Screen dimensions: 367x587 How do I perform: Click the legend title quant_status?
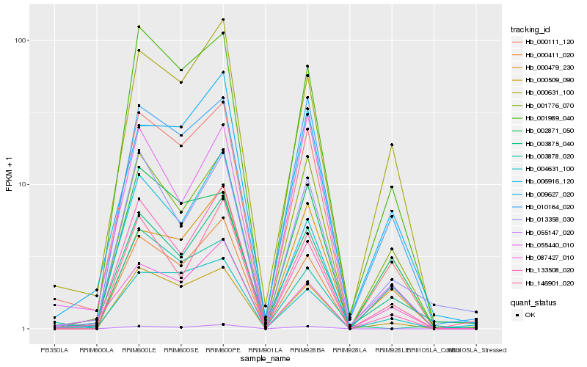pos(533,302)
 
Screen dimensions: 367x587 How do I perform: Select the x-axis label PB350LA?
pos(54,349)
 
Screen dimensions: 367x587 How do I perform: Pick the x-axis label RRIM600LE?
pos(139,349)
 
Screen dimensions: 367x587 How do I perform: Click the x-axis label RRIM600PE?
pos(223,349)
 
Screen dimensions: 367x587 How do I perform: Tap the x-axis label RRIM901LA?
pos(265,349)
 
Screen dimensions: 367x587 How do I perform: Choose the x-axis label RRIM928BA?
pos(307,349)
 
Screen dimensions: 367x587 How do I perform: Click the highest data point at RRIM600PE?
pos(223,20)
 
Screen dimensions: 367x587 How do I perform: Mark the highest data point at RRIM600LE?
pos(139,27)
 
